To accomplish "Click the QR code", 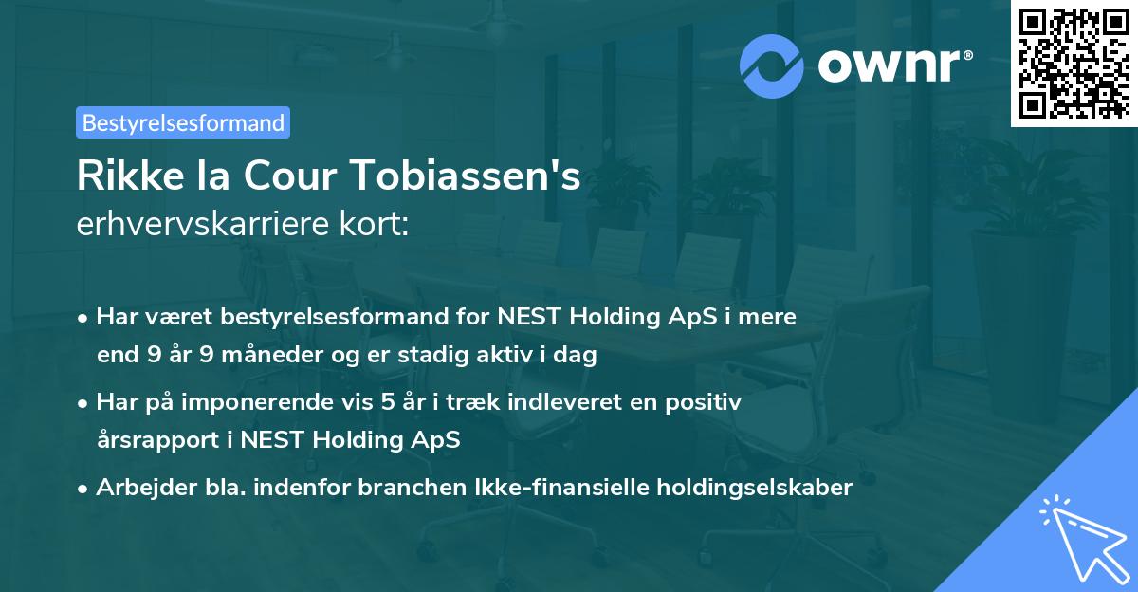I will click(1073, 64).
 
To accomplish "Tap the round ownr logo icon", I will click(770, 66).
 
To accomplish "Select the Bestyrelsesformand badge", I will click(183, 122).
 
